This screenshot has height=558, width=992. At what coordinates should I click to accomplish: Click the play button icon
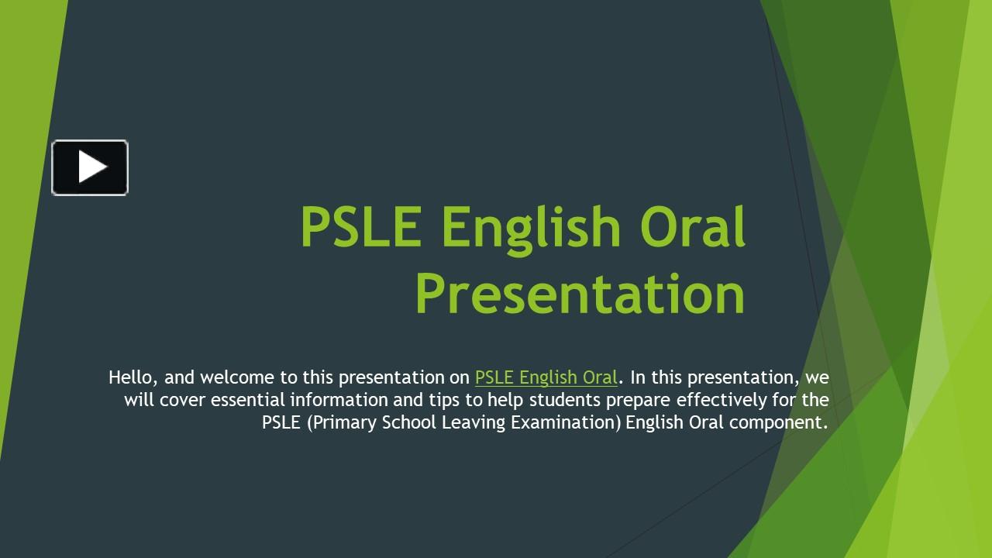pyautogui.click(x=90, y=167)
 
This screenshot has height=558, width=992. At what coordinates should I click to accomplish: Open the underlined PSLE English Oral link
pyautogui.click(x=546, y=377)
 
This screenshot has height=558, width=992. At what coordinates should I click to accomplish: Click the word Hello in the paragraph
pyautogui.click(x=133, y=377)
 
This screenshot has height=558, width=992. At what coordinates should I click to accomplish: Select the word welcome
pyautogui.click(x=237, y=377)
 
